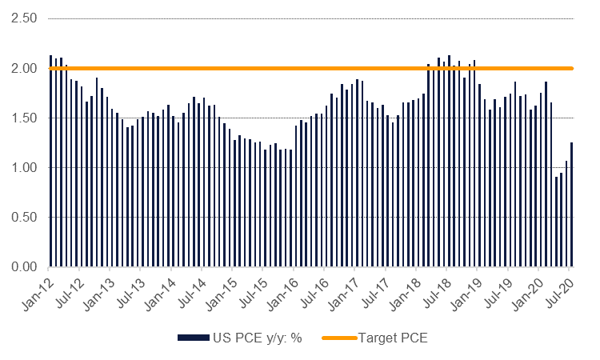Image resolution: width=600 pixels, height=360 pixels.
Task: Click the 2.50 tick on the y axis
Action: coord(23,18)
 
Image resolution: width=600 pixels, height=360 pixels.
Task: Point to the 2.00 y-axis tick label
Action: coord(23,68)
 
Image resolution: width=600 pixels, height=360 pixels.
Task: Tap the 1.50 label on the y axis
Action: coord(23,118)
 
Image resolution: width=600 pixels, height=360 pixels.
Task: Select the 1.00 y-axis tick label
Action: coord(23,167)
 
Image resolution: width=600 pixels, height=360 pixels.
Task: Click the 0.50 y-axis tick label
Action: coord(23,217)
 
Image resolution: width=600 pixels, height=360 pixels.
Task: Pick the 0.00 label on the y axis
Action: coord(23,266)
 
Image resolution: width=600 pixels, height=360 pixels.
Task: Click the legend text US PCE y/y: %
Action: coord(251,338)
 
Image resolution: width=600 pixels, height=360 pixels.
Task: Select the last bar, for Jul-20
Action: coord(571,205)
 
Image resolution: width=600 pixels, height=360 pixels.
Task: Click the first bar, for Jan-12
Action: coord(50,161)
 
